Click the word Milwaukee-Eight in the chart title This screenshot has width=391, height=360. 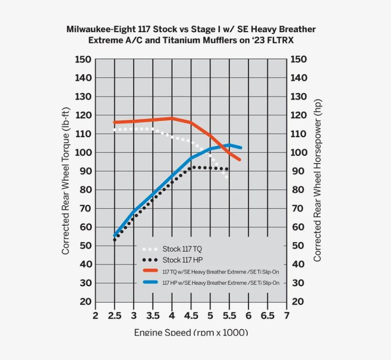pos(98,29)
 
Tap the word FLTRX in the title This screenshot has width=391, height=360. pos(280,40)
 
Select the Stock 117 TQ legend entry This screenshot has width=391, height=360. pos(182,249)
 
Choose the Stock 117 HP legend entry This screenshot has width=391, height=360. pos(182,260)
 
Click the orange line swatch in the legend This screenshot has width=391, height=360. pos(150,271)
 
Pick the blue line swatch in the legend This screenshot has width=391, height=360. pos(150,282)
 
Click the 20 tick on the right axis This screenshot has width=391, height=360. pos(298,302)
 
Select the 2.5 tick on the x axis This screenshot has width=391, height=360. pos(115,316)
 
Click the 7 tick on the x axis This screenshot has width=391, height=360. pos(286,316)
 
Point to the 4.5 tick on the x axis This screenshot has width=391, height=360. pos(191,316)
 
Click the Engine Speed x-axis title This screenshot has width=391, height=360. pos(191,332)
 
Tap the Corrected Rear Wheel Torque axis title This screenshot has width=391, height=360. pos(65,181)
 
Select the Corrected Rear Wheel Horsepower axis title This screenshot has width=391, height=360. pos(318,180)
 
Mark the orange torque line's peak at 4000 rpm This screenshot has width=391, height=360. pos(172,118)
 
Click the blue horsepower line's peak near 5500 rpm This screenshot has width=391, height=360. pos(229,145)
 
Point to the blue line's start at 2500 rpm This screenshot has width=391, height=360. pos(115,236)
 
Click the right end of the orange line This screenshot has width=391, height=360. pos(239,159)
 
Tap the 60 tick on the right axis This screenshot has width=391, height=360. pos(298,227)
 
